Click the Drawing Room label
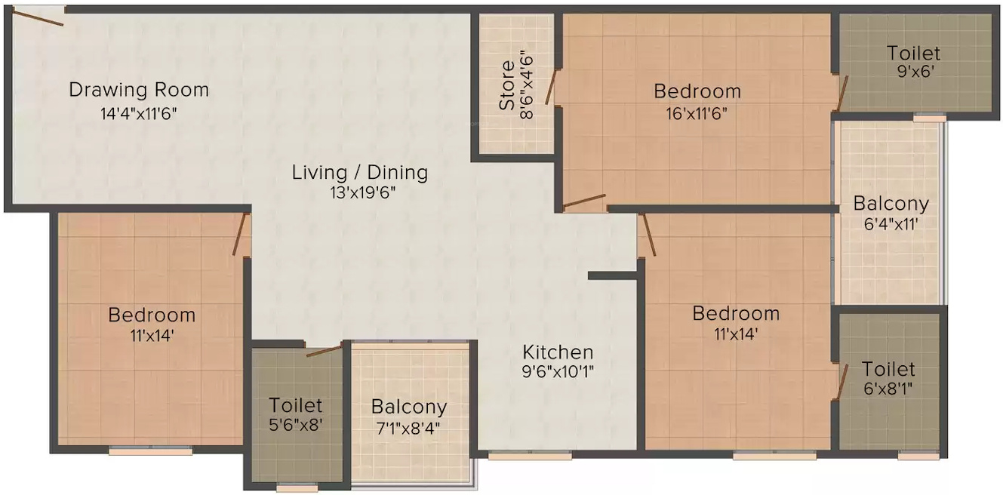pos(139,90)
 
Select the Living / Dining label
pos(360,172)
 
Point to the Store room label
pos(507,86)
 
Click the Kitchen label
pos(558,352)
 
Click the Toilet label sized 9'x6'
pos(913,53)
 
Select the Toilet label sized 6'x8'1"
pos(888,369)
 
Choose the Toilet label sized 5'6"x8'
pos(296,405)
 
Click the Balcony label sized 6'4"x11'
pos(891,203)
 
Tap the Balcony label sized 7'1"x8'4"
pos(408,407)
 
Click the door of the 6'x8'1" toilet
pos(841,380)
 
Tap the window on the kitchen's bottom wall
pos(530,455)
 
